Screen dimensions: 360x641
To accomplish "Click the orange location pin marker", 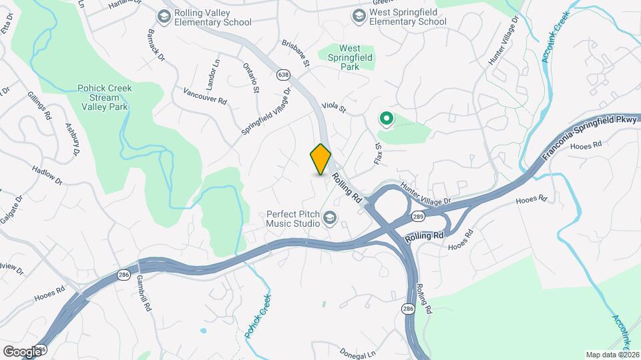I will pos(321,159).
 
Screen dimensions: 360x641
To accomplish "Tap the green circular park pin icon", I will pos(385,119).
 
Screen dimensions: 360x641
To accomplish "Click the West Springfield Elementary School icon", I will pos(359,15).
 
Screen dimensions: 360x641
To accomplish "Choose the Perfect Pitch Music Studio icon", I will pos(330,218).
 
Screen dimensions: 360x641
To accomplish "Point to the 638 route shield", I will pos(284,75).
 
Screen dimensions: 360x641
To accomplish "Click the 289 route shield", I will pos(418,217).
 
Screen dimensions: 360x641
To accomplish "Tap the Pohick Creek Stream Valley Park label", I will pos(105,97).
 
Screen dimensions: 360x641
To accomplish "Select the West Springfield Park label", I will pos(349,57).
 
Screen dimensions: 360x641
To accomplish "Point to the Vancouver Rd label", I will pos(204,95).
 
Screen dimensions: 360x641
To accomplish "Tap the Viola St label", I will pos(335,106).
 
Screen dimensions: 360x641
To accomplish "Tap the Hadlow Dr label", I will pos(47,175).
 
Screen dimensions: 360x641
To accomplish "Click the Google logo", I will pos(22,351).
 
